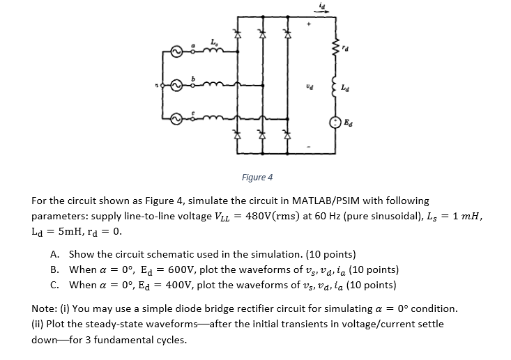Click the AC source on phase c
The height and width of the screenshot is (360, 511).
(x=178, y=115)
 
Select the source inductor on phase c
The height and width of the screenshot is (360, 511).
(x=213, y=115)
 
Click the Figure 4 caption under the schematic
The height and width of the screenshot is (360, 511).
(x=258, y=177)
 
